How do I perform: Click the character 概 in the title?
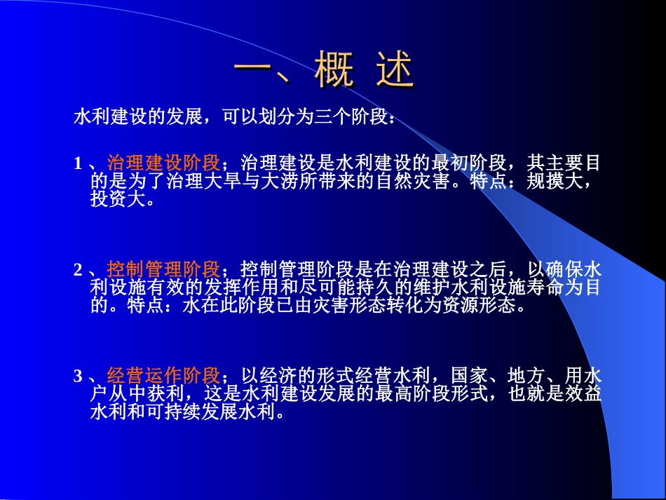click(x=334, y=72)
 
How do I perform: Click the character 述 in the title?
click(x=395, y=72)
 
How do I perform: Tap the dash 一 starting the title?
click(x=254, y=72)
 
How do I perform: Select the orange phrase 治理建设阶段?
click(x=164, y=164)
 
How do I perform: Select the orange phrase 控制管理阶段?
click(x=164, y=270)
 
